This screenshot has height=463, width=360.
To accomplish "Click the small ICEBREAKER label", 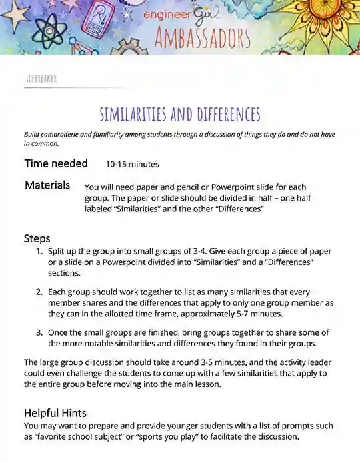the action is coord(41,78).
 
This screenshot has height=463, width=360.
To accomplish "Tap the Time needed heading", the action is coord(56,163).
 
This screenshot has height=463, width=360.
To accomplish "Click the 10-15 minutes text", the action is coord(132,164).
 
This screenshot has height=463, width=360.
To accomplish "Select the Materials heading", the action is coord(47,185).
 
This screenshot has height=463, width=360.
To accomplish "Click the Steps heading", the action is coord(37,238).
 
